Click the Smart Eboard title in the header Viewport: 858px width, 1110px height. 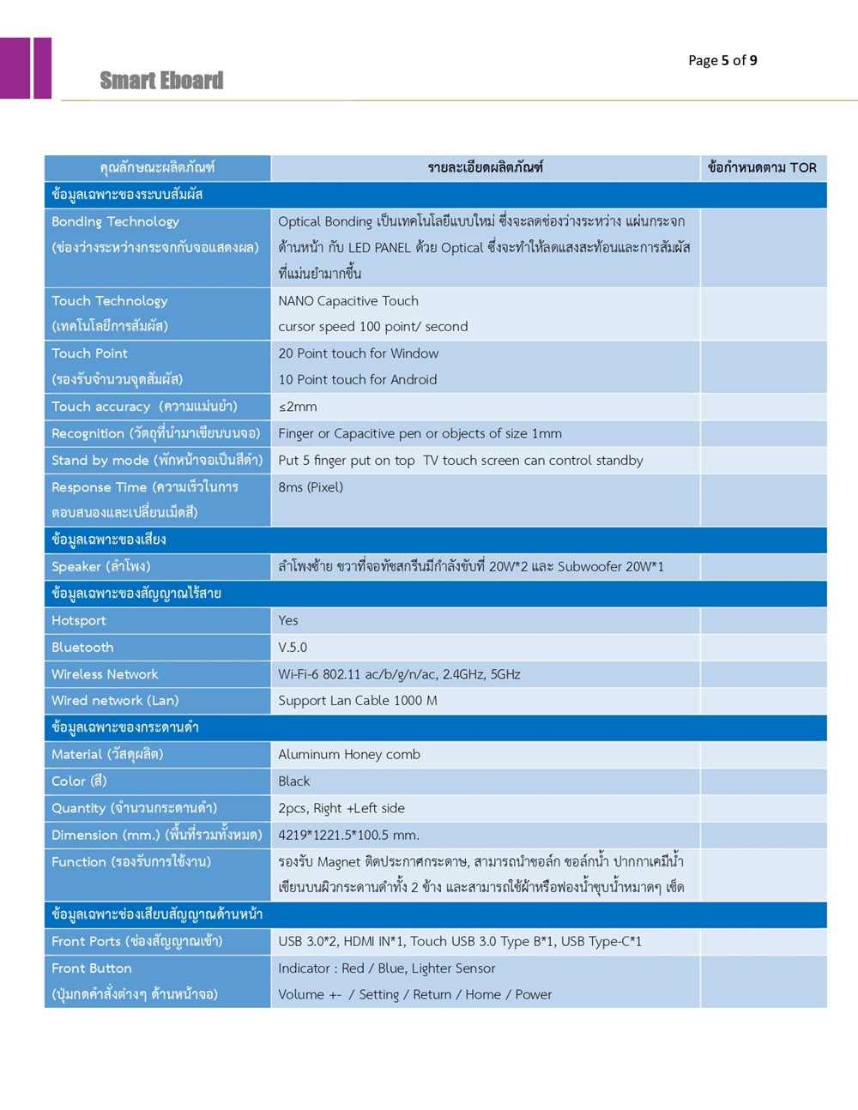tap(161, 81)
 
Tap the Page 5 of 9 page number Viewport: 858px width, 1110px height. tap(722, 60)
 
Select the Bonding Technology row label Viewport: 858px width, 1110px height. tap(115, 221)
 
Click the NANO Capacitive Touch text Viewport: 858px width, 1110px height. tap(348, 301)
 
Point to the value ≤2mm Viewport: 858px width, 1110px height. tap(298, 407)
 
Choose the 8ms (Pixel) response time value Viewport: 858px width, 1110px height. tap(311, 487)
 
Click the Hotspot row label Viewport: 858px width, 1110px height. tap(79, 620)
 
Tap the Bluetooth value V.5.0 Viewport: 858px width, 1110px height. tap(293, 648)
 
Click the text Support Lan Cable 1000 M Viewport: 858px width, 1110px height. tap(358, 701)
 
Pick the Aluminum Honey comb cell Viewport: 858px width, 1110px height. tap(349, 755)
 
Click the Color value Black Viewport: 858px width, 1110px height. tap(293, 781)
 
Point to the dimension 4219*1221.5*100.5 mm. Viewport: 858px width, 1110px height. tap(348, 836)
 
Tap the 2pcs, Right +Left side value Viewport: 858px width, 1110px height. tap(341, 808)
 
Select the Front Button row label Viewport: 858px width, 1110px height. tap(92, 968)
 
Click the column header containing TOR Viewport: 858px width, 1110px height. tap(762, 168)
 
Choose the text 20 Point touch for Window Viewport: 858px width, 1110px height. tap(358, 353)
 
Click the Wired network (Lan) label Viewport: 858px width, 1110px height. tap(115, 701)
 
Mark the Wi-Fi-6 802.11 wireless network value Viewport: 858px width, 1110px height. tap(399, 674)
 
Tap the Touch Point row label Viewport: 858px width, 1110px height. tap(89, 353)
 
